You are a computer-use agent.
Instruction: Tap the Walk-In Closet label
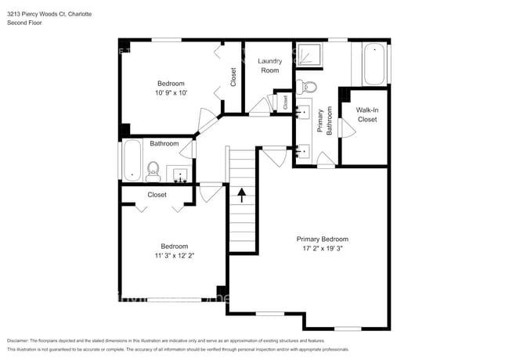tap(367, 114)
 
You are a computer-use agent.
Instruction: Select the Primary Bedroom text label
tap(322, 239)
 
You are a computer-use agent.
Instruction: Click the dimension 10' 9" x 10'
tap(171, 93)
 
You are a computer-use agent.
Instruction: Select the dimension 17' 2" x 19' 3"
tap(322, 249)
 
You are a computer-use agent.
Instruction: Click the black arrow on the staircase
tap(242, 194)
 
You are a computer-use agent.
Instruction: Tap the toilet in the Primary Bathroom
tap(309, 86)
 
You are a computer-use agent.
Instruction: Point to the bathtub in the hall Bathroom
tap(130, 162)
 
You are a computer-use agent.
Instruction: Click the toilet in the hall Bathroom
tap(153, 169)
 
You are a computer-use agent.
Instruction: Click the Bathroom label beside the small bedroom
tap(164, 143)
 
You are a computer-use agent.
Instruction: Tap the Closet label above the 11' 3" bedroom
tap(157, 195)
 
